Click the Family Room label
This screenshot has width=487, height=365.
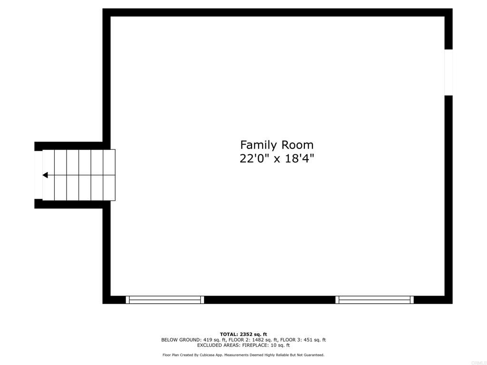[277, 145]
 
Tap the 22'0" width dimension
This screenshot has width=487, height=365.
[255, 159]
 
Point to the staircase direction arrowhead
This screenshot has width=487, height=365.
[45, 175]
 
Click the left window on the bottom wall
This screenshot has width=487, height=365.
[165, 300]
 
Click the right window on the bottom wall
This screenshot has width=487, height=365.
[375, 300]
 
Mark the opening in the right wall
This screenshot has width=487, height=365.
[448, 72]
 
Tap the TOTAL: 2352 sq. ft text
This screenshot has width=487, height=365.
[243, 334]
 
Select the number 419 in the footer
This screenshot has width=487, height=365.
[207, 340]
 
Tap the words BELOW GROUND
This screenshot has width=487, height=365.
[180, 340]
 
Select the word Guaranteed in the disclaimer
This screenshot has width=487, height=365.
[315, 355]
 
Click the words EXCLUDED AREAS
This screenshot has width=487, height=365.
[219, 345]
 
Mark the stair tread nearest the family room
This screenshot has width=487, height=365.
[109, 175]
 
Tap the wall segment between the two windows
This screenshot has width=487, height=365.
[270, 300]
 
